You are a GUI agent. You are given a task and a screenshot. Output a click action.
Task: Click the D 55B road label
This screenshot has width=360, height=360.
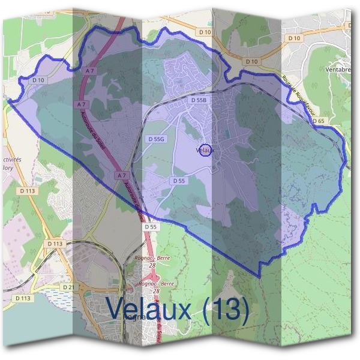199,100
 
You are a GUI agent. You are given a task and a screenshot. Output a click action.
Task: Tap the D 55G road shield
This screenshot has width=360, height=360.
155,139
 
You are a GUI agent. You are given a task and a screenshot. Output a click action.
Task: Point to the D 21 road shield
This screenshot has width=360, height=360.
69,288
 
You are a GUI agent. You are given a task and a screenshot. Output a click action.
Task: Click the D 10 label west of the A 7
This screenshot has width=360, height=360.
38,79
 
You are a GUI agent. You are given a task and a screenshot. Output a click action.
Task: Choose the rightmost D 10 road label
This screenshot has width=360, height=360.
293,38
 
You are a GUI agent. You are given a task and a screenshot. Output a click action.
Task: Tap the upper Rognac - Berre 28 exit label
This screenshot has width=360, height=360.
155,260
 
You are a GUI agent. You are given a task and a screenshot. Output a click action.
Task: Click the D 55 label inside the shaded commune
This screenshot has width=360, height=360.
179,180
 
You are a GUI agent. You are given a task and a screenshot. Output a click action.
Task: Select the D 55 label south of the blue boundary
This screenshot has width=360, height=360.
150,227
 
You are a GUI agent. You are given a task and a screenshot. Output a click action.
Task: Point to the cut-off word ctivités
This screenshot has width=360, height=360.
12,160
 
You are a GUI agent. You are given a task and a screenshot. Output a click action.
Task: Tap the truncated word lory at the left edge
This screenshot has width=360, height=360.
7,169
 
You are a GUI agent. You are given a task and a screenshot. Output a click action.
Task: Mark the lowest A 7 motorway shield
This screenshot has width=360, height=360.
122,175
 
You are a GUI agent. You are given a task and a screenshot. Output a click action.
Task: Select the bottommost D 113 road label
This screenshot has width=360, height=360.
23,298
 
